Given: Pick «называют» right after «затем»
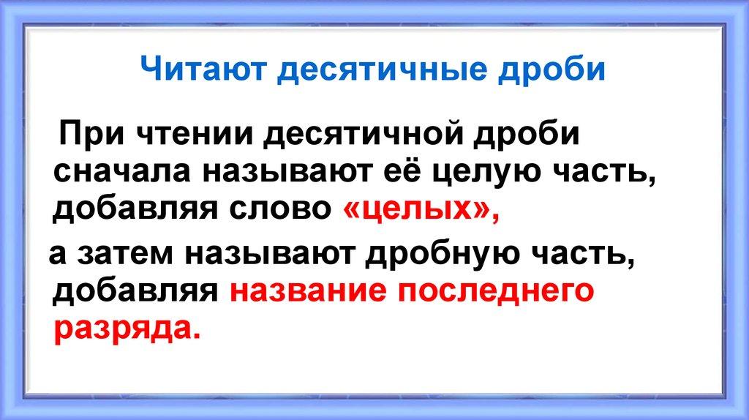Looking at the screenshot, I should (x=270, y=253).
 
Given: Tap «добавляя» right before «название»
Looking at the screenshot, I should (x=137, y=291).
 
